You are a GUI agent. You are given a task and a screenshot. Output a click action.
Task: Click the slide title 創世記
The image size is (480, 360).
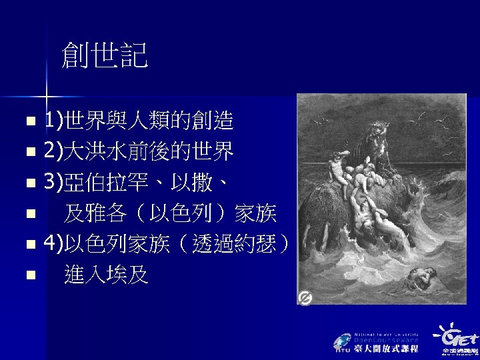pos(104,56)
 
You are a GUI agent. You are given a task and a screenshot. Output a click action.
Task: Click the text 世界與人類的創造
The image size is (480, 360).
pos(148,121)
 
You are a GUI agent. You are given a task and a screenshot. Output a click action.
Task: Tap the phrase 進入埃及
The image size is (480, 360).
pos(106,275)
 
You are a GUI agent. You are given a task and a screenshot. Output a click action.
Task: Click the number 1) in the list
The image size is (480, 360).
pos(53,121)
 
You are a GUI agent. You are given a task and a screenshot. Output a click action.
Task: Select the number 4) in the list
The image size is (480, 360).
pos(53,244)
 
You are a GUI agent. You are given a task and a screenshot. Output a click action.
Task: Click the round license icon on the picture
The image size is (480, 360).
pos(305,298)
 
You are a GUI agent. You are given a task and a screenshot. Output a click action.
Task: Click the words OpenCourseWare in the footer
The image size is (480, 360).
pos(386,339)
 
